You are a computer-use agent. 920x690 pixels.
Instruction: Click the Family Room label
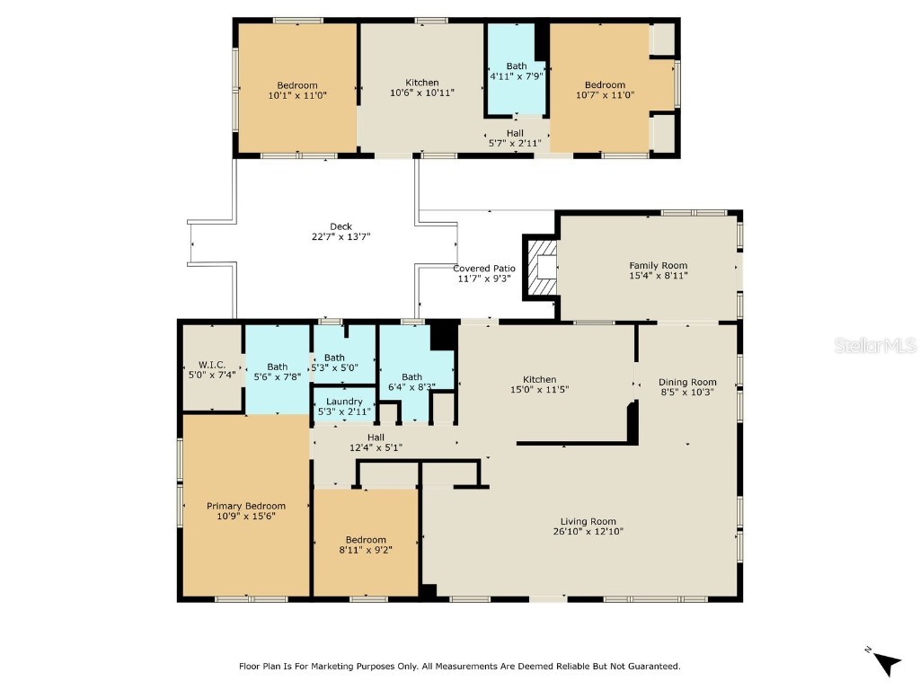pyautogui.click(x=658, y=265)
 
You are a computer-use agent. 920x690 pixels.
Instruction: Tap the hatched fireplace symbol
pyautogui.click(x=542, y=267)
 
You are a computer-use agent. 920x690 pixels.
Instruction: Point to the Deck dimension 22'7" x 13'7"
pyautogui.click(x=341, y=237)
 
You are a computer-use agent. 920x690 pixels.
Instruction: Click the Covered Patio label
pyautogui.click(x=484, y=268)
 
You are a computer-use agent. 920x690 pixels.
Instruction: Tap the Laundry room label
pyautogui.click(x=344, y=402)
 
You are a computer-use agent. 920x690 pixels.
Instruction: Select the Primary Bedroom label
pyautogui.click(x=246, y=506)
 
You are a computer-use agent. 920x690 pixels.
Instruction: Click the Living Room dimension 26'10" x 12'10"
pyautogui.click(x=588, y=532)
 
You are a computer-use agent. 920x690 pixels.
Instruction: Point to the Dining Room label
pyautogui.click(x=687, y=382)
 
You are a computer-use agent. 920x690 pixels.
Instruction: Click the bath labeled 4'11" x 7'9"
pyautogui.click(x=517, y=76)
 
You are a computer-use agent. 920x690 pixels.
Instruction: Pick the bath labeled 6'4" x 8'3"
pyautogui.click(x=411, y=387)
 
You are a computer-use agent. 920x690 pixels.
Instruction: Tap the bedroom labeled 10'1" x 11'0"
pyautogui.click(x=296, y=94)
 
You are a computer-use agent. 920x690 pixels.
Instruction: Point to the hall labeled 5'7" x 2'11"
pyautogui.click(x=515, y=143)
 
